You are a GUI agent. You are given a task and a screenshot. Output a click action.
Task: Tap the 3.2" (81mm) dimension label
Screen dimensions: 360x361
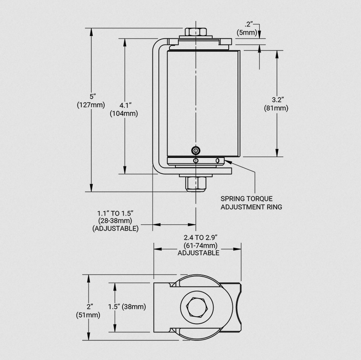click(276, 104)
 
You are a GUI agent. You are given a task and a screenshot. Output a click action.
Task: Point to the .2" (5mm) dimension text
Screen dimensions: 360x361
click(248, 28)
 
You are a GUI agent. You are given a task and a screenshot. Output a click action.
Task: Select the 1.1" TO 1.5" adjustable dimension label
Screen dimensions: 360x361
click(115, 221)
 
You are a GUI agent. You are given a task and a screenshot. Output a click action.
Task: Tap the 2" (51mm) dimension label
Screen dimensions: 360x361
click(88, 311)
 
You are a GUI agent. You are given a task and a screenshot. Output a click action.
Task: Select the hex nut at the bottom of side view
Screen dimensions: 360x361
click(196, 184)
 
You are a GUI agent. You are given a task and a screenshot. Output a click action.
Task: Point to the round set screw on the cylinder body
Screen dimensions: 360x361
click(196, 150)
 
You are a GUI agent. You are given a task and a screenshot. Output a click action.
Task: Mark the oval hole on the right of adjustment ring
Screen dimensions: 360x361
click(218, 161)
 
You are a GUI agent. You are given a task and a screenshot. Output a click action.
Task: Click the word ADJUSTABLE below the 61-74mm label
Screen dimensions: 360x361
click(198, 253)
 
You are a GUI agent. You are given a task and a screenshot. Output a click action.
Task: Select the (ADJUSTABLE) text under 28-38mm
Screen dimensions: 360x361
click(115, 228)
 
